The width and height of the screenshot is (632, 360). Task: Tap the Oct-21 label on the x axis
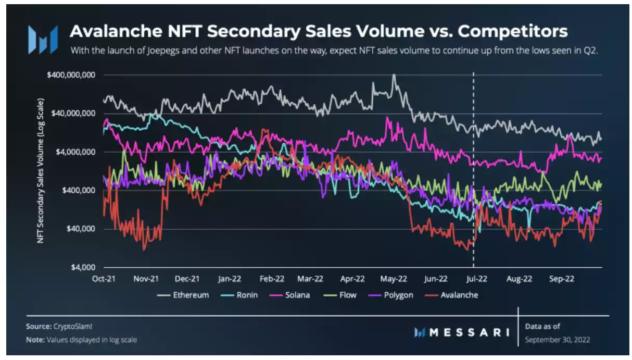(x=104, y=279)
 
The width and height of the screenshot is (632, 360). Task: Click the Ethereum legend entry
(x=190, y=295)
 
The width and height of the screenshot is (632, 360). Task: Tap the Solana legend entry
(x=297, y=295)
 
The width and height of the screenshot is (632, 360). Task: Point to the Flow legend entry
(x=347, y=295)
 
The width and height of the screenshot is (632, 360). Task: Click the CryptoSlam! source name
(x=73, y=327)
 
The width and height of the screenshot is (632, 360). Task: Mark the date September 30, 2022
(x=557, y=340)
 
